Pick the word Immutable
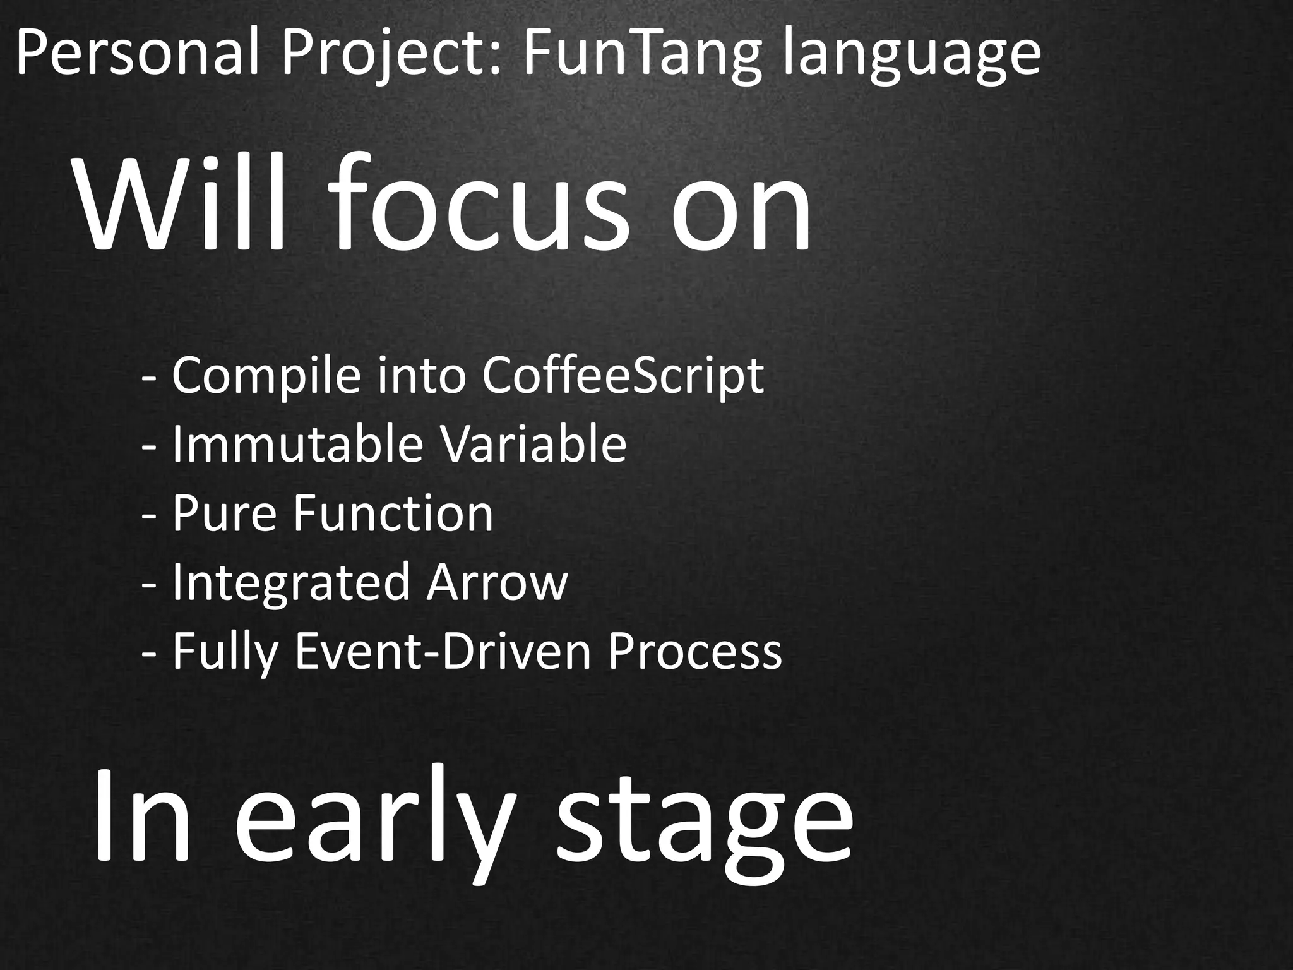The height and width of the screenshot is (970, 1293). pyautogui.click(x=297, y=444)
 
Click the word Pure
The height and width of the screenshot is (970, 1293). pyautogui.click(x=224, y=513)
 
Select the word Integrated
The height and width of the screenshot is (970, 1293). pyautogui.click(x=291, y=583)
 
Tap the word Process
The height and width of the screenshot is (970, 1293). pyautogui.click(x=694, y=652)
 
